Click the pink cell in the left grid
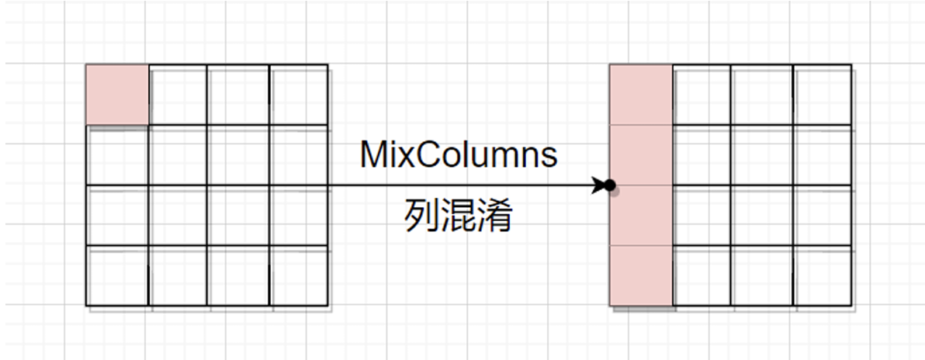click(117, 95)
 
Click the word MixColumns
click(459, 154)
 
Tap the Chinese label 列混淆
click(459, 216)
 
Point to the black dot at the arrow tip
click(610, 185)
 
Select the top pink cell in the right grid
click(641, 95)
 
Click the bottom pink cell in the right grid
click(641, 276)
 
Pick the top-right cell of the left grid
click(299, 95)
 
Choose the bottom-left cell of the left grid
click(117, 276)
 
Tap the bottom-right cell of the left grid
click(299, 276)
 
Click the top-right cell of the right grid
click(823, 95)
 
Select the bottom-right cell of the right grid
click(823, 276)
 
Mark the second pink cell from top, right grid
click(641, 155)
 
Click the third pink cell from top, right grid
click(641, 216)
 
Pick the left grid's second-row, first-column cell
click(117, 155)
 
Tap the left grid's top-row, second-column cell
click(178, 95)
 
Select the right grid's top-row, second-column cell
click(702, 95)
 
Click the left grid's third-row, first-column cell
click(117, 216)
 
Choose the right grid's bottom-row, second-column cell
click(702, 276)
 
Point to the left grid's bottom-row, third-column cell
click(238, 276)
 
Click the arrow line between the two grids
click(466, 185)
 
